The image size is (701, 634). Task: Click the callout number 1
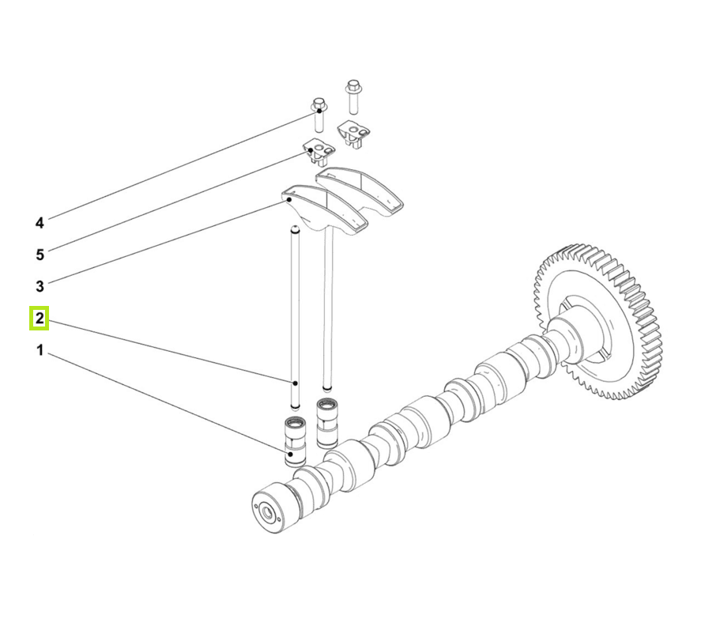click(40, 349)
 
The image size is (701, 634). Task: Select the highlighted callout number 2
click(40, 319)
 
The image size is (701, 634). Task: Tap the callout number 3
click(40, 285)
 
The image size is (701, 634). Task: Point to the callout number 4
click(40, 223)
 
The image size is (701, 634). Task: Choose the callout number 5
click(40, 254)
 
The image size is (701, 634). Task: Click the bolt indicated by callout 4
click(318, 114)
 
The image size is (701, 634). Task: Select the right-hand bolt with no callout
click(352, 96)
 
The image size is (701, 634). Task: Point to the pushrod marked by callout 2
click(295, 316)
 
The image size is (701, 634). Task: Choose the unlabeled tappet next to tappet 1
click(326, 422)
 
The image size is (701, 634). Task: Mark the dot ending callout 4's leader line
click(318, 115)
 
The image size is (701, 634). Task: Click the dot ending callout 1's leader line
click(290, 455)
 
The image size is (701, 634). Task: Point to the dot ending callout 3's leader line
click(290, 201)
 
